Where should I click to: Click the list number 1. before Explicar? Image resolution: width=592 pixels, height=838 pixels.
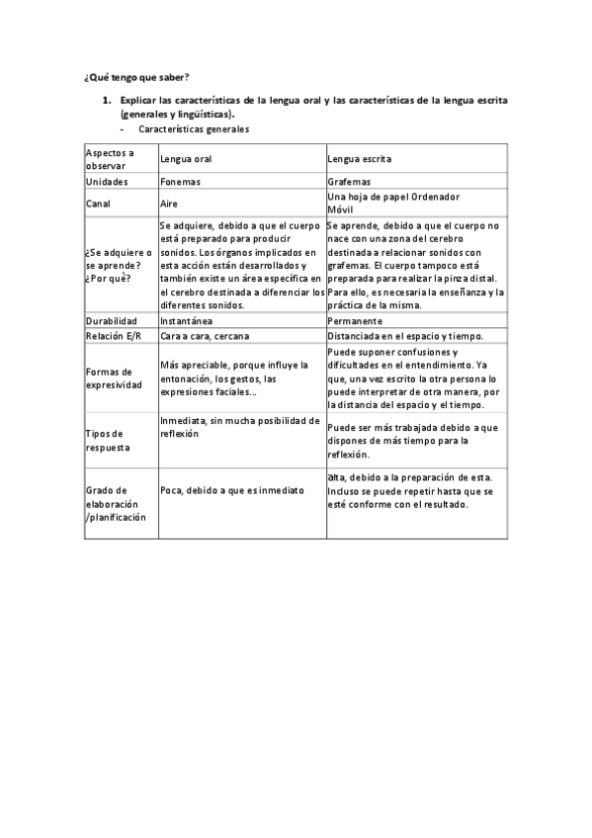coord(108,101)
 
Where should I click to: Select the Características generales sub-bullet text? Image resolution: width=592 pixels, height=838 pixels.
coord(194,128)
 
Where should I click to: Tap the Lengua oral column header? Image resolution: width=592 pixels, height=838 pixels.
coord(186,159)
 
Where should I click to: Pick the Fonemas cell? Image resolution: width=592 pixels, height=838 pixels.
coord(180,183)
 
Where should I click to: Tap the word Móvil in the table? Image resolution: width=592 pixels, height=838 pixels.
coord(339,209)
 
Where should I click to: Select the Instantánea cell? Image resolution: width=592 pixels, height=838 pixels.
coord(188,321)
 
